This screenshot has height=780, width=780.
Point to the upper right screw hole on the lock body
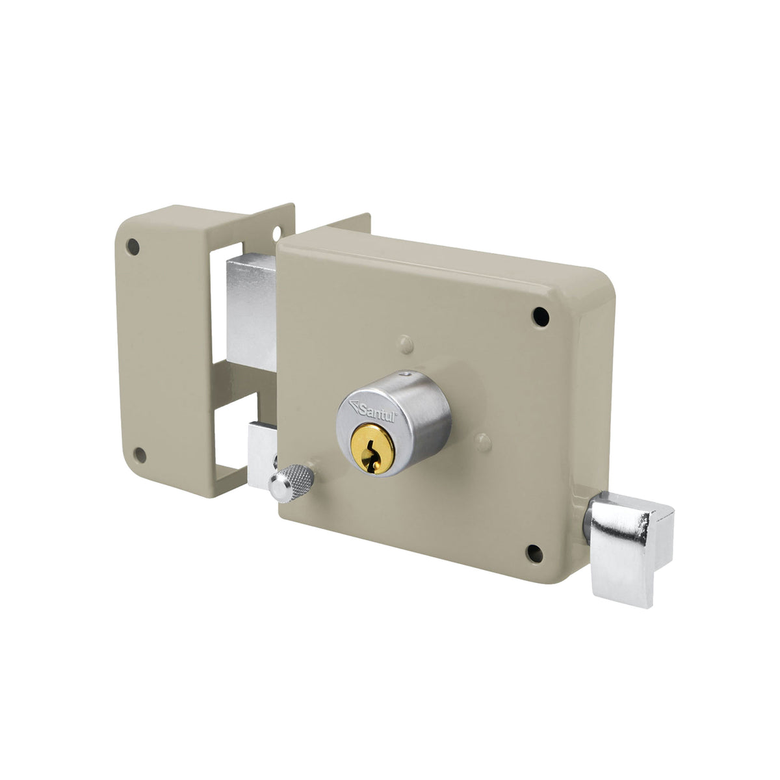tap(541, 317)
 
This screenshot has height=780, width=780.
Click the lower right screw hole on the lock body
tap(534, 553)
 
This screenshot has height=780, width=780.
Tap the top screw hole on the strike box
tap(133, 246)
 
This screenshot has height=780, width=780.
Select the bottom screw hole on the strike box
tap(140, 455)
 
